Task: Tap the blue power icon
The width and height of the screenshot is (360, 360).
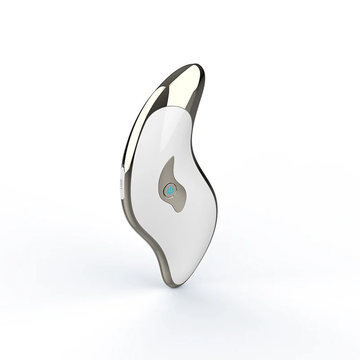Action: pos(170,191)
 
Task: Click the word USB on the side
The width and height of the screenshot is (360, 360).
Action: pos(120,184)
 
